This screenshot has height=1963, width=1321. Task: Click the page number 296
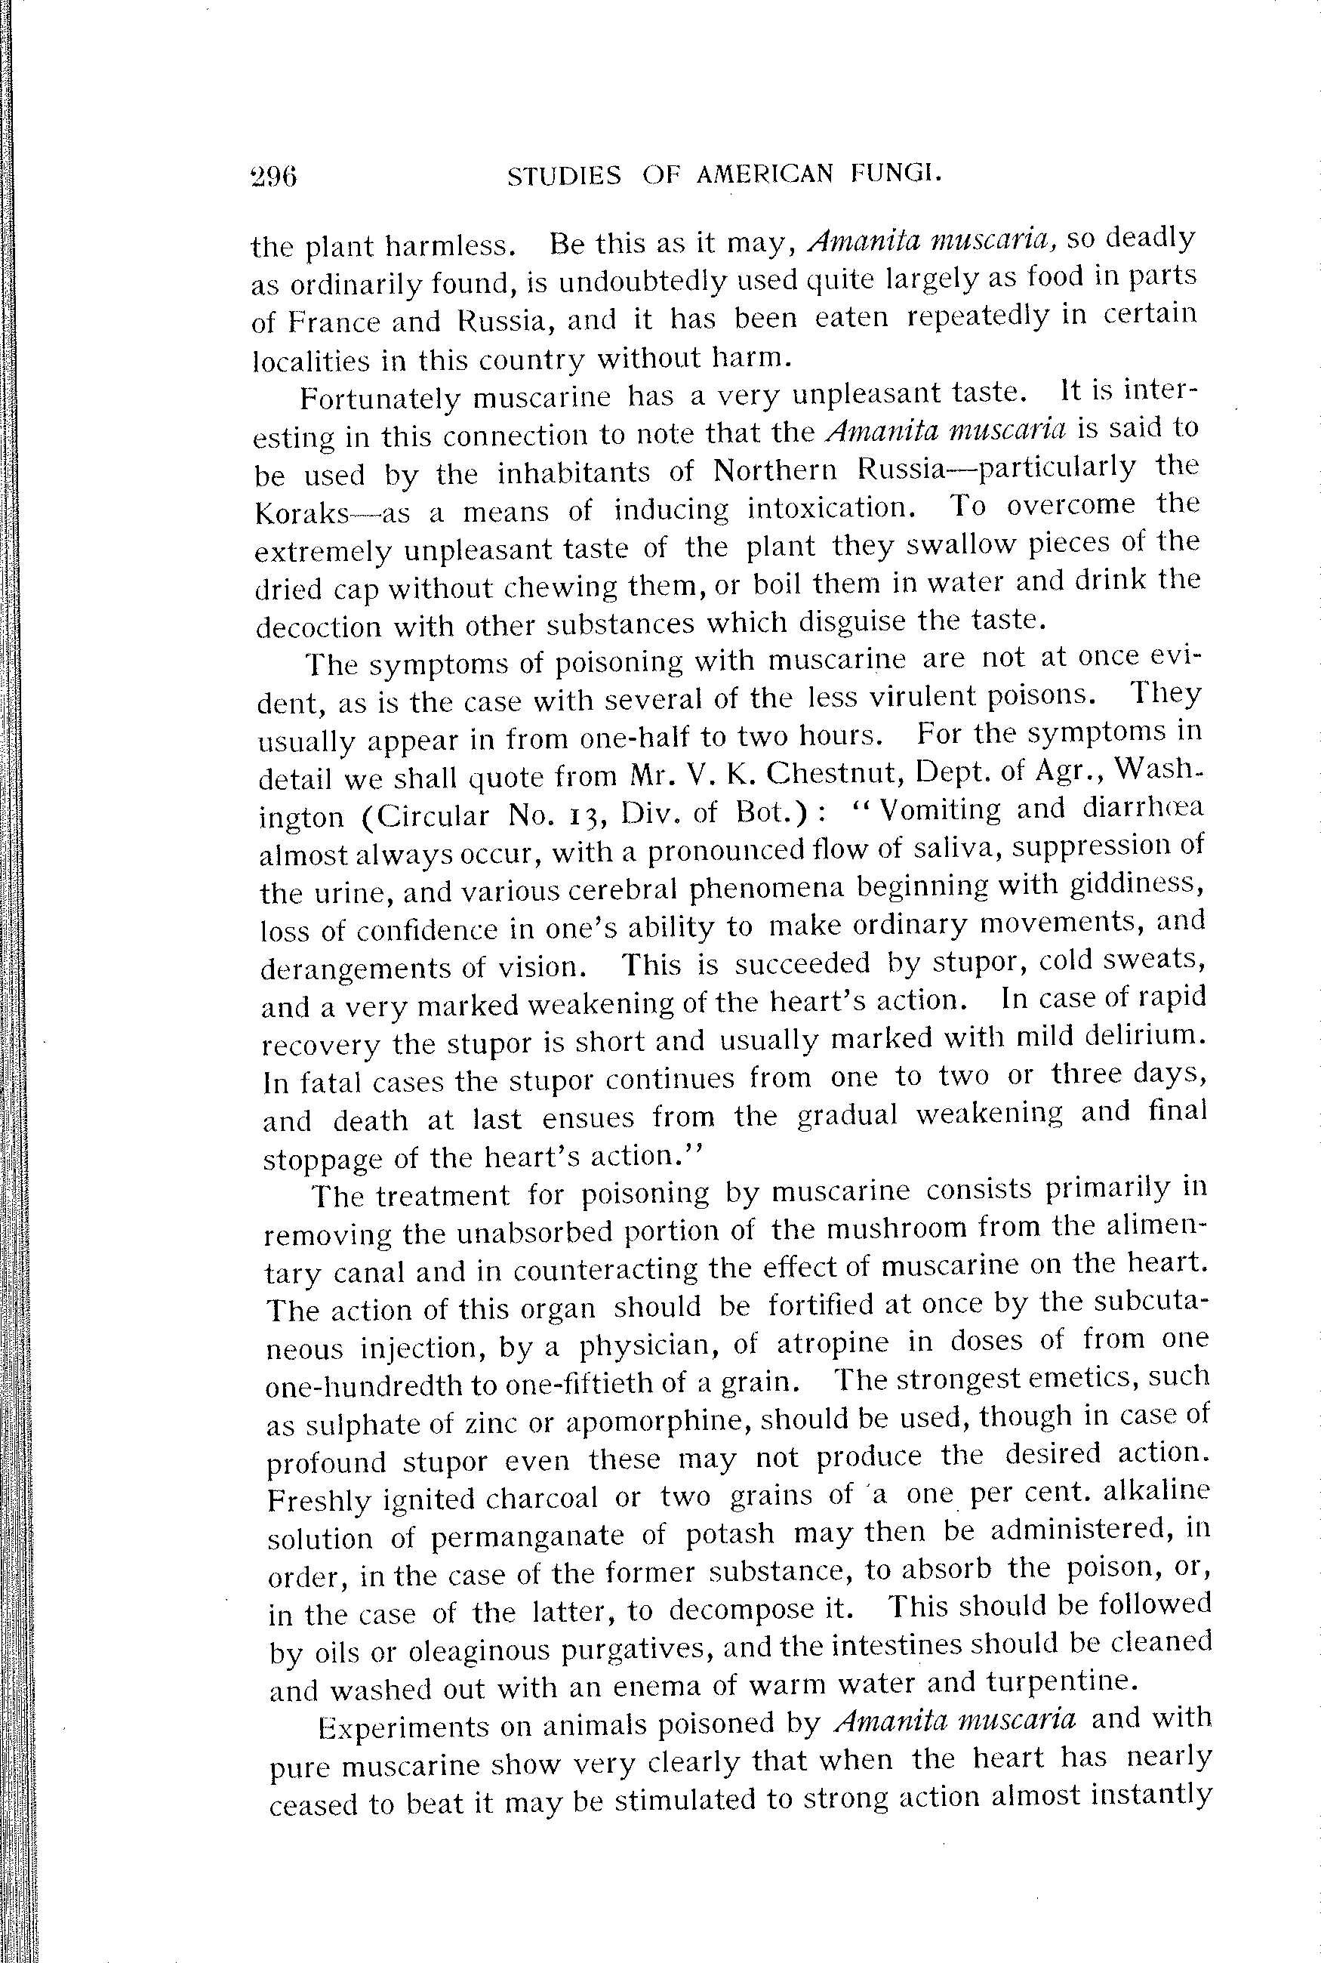(x=274, y=176)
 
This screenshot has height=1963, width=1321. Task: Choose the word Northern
(x=775, y=470)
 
